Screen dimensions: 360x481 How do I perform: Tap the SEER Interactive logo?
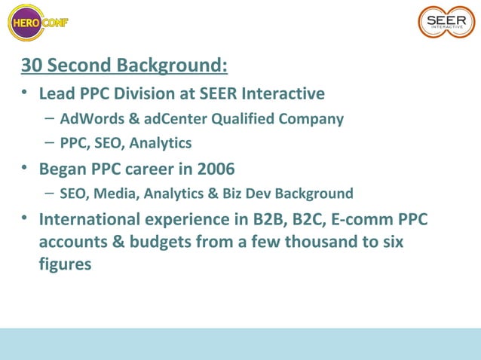[x=447, y=22]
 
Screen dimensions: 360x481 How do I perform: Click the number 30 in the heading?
[x=31, y=66]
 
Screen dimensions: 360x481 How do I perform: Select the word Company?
[x=311, y=119]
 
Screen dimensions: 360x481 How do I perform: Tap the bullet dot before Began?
[x=25, y=166]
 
